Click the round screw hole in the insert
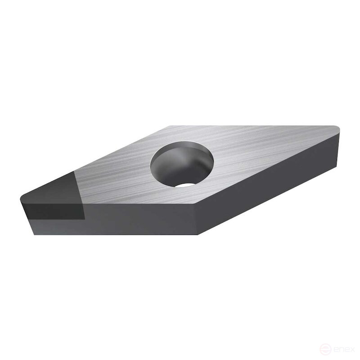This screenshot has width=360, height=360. [x=182, y=163]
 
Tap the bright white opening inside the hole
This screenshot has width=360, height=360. [x=185, y=185]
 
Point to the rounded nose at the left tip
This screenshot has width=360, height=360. [x=22, y=199]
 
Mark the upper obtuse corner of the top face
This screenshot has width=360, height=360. [x=171, y=126]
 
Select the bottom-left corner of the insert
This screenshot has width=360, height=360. [x=35, y=234]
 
